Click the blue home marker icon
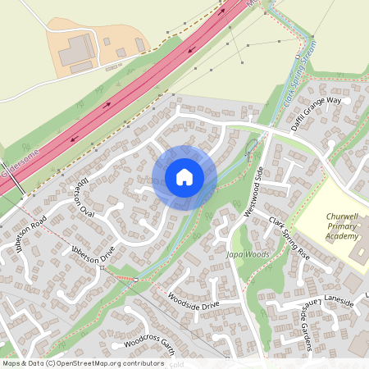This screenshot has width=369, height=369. pyautogui.click(x=184, y=177)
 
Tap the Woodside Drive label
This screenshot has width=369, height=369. pyautogui.click(x=193, y=299)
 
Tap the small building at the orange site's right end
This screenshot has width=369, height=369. pyautogui.click(x=140, y=45)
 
